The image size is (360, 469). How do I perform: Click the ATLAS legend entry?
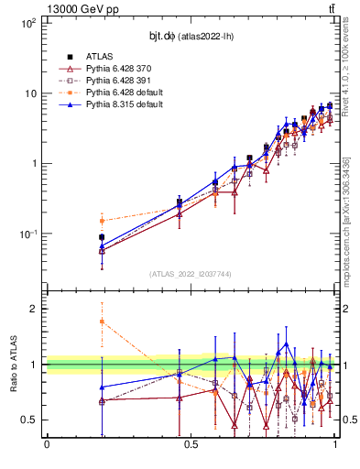pyautogui.click(x=102, y=56)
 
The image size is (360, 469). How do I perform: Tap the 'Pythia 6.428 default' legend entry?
pyautogui.click(x=126, y=93)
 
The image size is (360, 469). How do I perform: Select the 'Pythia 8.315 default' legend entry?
pyautogui.click(x=126, y=105)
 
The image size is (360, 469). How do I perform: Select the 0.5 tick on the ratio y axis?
pyautogui.click(x=31, y=420)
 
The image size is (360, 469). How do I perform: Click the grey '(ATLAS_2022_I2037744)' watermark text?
pyautogui.click(x=191, y=274)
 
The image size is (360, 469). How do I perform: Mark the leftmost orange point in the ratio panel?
pyautogui.click(x=102, y=322)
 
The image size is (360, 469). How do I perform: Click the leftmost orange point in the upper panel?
pyautogui.click(x=102, y=221)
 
